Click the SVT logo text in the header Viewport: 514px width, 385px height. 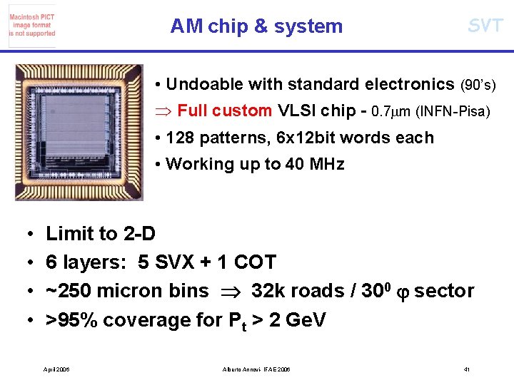click(485, 26)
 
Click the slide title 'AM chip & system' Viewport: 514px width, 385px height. click(256, 26)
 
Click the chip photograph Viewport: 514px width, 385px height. click(89, 132)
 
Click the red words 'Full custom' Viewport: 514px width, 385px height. click(224, 111)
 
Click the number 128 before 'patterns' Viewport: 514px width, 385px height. click(180, 138)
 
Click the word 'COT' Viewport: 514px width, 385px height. click(255, 262)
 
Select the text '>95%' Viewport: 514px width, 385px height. click(72, 320)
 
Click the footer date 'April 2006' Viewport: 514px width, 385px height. click(56, 369)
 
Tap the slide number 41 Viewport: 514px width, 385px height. click(466, 369)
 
